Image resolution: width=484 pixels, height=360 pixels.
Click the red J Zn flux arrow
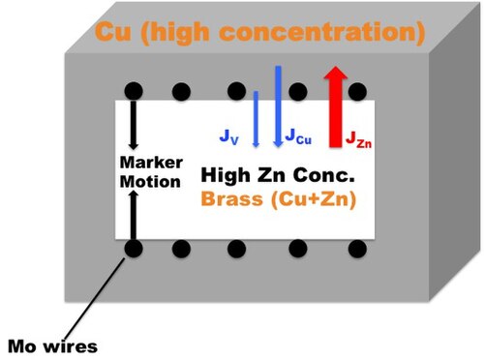(x=336, y=106)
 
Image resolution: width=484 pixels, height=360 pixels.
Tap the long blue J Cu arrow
(x=278, y=106)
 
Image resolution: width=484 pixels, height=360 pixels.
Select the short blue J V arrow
(x=257, y=119)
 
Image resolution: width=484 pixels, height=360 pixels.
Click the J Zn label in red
(x=358, y=139)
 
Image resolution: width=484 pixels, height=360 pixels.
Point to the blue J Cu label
(x=298, y=136)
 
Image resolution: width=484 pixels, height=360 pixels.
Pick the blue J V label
(x=229, y=136)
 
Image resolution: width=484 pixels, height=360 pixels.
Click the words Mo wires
(x=52, y=346)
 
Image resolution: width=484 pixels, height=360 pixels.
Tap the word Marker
(x=151, y=163)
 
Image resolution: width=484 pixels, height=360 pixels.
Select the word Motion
(x=150, y=181)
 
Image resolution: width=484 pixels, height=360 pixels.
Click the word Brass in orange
(x=232, y=198)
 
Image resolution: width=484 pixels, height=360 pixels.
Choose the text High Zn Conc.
(x=278, y=175)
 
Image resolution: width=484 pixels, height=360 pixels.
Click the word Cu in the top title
(x=113, y=31)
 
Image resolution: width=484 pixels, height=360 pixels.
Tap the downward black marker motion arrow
(x=134, y=125)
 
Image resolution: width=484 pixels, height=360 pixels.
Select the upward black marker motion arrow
(x=134, y=215)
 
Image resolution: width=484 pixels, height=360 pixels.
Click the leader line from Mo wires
(x=94, y=298)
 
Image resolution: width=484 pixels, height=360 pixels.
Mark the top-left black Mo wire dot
(x=134, y=91)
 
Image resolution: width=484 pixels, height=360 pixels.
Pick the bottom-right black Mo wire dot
(x=357, y=249)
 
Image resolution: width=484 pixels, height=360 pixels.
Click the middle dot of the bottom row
(x=236, y=249)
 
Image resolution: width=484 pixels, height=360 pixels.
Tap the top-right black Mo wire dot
(x=357, y=91)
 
